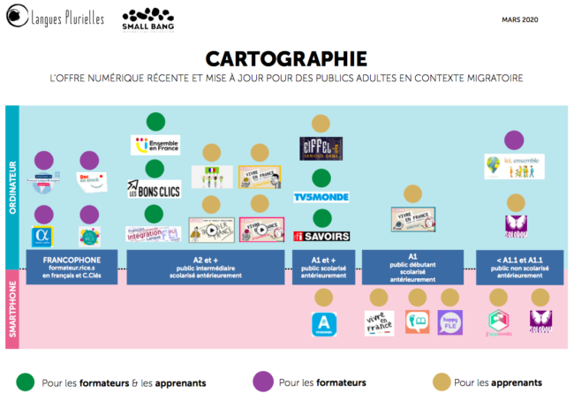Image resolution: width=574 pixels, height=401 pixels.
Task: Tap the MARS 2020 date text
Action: click(521, 19)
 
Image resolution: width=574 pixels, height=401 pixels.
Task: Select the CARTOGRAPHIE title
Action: click(286, 59)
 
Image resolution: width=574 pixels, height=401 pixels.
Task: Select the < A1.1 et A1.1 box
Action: click(515, 267)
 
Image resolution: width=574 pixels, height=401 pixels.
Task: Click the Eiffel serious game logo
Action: click(321, 146)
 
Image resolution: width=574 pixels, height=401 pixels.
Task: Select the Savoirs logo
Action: click(321, 236)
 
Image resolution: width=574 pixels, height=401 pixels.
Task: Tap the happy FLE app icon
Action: click(449, 322)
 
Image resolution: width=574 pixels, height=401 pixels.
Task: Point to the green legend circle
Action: click(26, 382)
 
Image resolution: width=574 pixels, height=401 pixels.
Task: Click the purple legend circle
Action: click(262, 382)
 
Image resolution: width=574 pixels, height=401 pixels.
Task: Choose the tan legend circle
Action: click(439, 382)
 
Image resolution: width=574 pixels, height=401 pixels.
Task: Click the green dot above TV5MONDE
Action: click(321, 177)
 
